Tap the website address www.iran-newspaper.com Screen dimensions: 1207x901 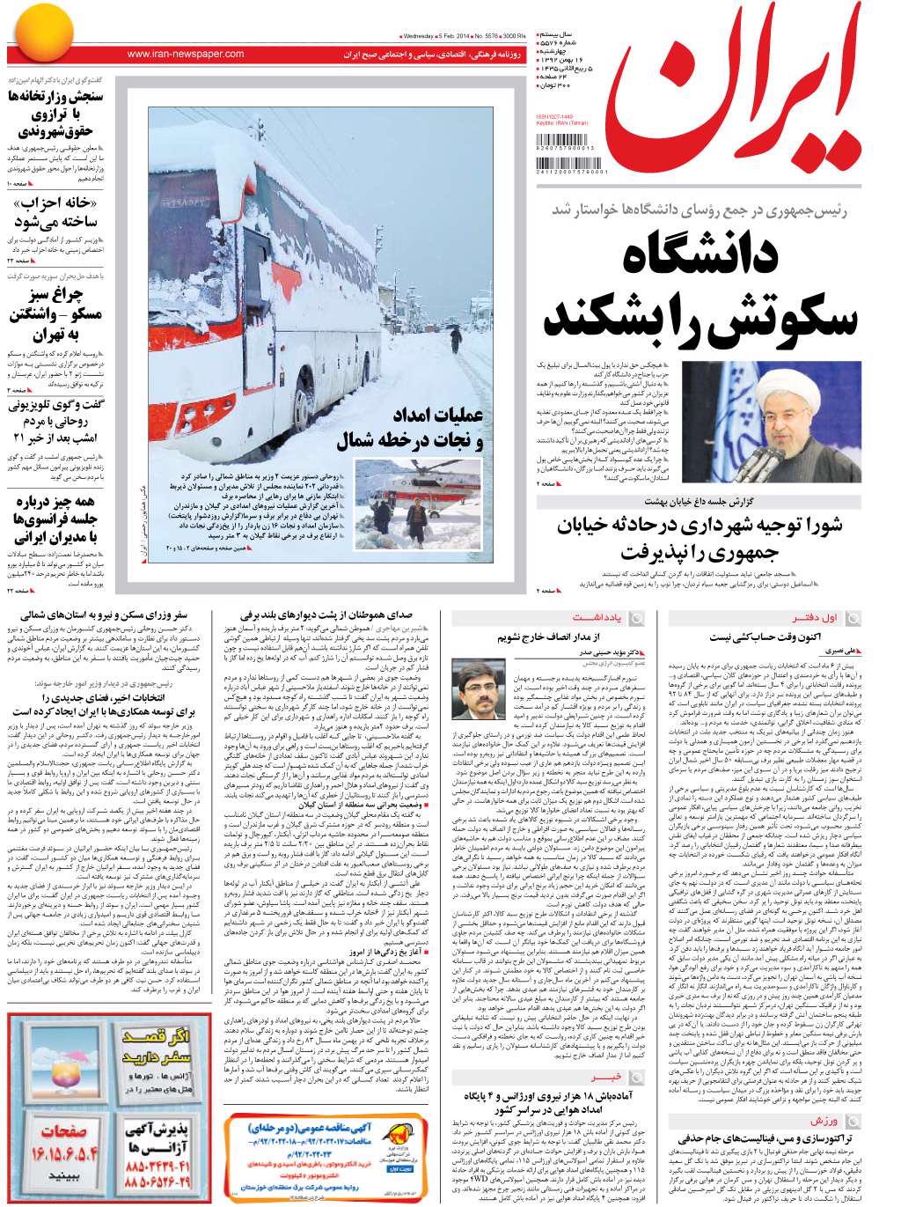coord(186,55)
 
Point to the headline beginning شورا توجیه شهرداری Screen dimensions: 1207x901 coord(700,526)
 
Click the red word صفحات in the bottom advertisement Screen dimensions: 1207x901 coord(62,1130)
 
